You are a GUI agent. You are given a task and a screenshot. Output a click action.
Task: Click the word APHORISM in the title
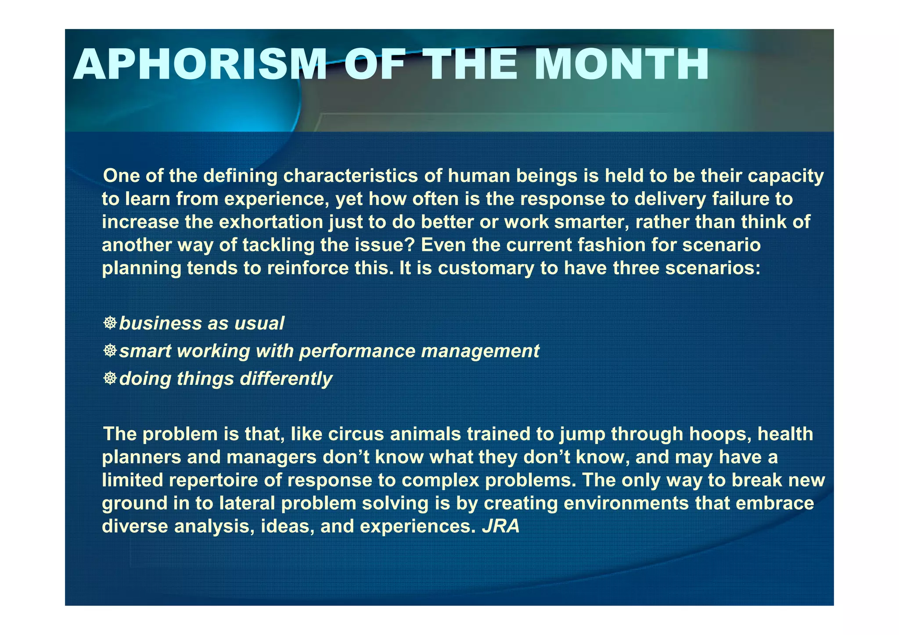200,65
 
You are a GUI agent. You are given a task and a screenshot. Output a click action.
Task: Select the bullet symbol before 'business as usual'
110,323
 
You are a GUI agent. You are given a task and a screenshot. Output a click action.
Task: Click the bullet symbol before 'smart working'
110,351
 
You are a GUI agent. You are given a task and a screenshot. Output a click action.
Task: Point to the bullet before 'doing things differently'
110,378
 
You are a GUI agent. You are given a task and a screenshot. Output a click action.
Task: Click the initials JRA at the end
501,526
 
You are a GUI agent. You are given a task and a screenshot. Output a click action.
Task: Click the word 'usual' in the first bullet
259,323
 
